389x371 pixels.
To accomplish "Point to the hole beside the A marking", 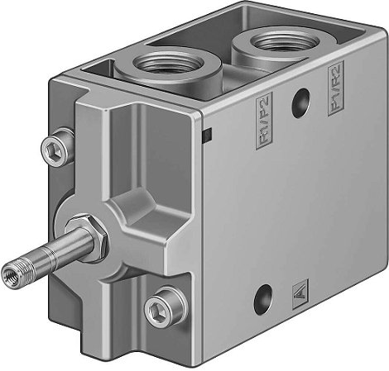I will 263,293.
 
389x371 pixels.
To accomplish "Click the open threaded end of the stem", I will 12,269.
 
